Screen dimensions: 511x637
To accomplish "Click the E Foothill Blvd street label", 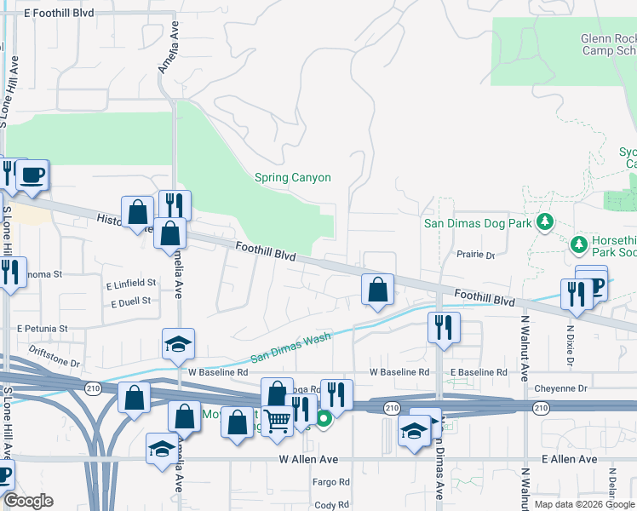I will pyautogui.click(x=60, y=14).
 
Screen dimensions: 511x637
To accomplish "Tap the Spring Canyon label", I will pyautogui.click(x=292, y=178).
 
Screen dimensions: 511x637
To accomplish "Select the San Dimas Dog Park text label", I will pyautogui.click(x=478, y=223).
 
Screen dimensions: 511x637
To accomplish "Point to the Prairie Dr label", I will pyautogui.click(x=476, y=255).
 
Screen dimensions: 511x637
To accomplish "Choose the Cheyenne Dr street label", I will pyautogui.click(x=563, y=388).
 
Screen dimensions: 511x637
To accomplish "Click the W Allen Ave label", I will pyautogui.click(x=308, y=459).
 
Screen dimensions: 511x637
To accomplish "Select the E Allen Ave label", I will pyautogui.click(x=570, y=459).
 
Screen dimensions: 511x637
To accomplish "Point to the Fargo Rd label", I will pyautogui.click(x=331, y=482).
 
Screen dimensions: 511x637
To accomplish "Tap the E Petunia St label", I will pyautogui.click(x=42, y=328).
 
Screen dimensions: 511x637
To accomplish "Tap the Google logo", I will pyautogui.click(x=28, y=501).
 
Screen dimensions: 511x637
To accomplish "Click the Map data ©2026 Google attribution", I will pyautogui.click(x=583, y=504).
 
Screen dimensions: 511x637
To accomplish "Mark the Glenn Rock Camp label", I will pyautogui.click(x=608, y=44).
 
